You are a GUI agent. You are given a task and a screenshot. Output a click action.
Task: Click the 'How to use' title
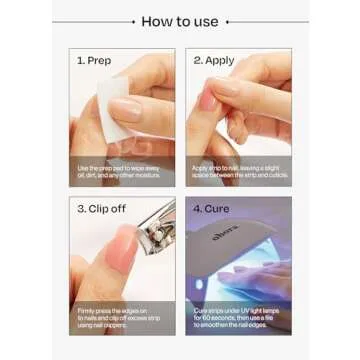pos(180,21)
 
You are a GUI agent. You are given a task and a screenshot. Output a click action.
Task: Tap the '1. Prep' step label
pos(94,60)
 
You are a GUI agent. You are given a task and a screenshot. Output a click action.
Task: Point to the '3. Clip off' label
pos(100,210)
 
